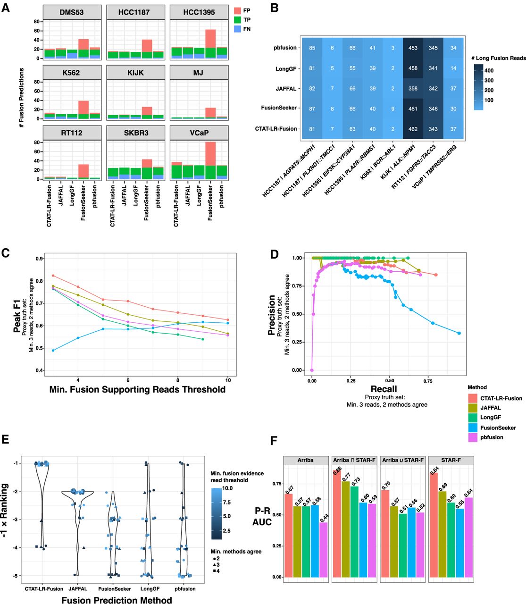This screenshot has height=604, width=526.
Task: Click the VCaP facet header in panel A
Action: (x=199, y=133)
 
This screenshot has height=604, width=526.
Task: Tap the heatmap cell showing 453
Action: (x=413, y=48)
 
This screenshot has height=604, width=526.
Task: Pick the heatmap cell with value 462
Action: (x=413, y=129)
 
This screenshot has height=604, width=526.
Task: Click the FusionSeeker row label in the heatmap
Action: (x=279, y=108)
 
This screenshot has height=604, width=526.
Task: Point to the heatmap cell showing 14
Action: (x=453, y=68)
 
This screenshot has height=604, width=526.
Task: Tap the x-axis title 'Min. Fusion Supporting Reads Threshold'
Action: (x=137, y=390)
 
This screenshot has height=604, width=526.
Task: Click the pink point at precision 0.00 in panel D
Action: (x=312, y=370)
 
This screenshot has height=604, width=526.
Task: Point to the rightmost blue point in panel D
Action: (x=459, y=333)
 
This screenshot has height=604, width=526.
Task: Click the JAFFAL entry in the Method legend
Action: (x=491, y=408)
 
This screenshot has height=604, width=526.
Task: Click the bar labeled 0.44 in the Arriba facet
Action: (x=323, y=550)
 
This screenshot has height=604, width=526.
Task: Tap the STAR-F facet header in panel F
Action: (x=451, y=460)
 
